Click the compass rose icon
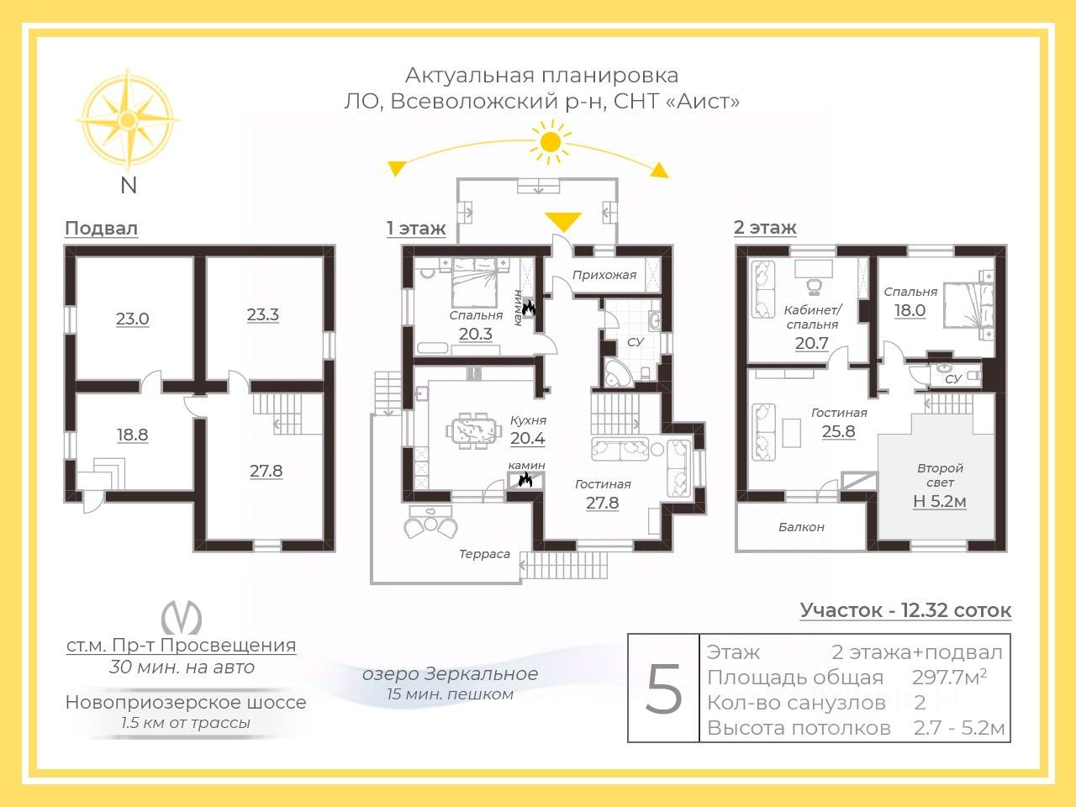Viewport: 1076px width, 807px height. coord(128,118)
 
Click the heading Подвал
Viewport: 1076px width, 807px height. coord(101,229)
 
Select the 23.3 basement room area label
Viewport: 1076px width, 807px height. coord(263,315)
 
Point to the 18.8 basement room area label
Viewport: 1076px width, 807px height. coord(133,435)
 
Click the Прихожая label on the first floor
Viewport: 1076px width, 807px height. coord(604,275)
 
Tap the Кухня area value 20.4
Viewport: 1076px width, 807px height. coord(528,438)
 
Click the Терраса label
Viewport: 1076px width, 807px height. coord(484,554)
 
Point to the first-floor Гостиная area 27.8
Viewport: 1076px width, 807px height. coord(602,503)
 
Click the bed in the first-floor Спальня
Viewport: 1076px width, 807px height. coord(476,286)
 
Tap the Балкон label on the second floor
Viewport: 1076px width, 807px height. coord(801,527)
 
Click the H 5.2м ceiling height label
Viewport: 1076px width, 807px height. coord(940,502)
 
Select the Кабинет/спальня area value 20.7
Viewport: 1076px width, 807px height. coord(812,343)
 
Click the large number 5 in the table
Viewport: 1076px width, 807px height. coord(664,688)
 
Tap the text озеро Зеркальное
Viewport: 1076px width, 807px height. coord(450,674)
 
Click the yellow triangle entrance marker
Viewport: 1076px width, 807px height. coord(562,222)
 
